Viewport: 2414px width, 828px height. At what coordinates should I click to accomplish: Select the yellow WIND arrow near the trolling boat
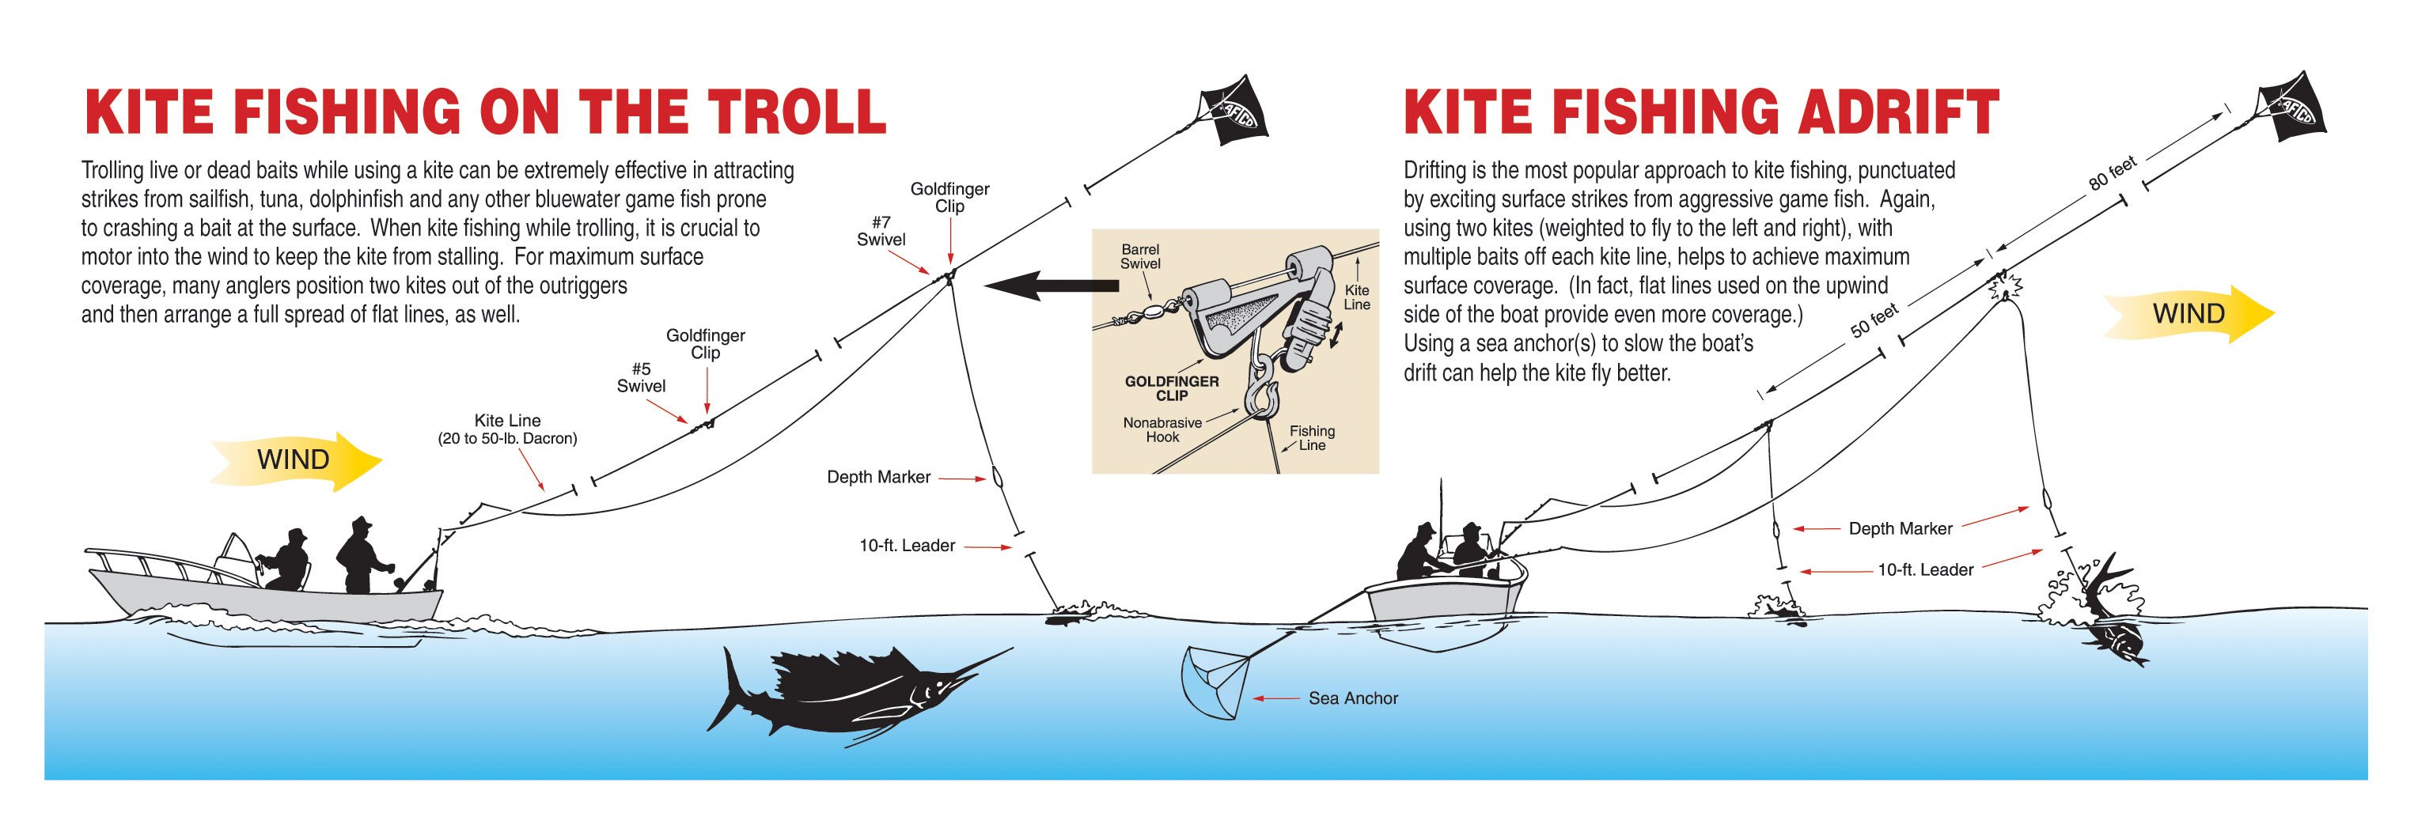296,460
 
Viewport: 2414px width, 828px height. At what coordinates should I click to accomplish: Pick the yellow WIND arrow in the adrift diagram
2189,313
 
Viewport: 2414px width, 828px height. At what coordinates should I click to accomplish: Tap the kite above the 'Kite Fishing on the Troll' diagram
1231,113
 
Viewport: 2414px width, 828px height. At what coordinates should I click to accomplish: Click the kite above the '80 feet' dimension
2291,110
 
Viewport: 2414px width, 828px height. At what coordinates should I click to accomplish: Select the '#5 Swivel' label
641,377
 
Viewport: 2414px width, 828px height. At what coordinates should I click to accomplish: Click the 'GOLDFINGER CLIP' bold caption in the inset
1171,388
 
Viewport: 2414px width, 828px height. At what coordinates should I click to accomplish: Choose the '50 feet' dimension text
1874,321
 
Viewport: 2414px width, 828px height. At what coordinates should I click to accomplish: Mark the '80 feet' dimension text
2113,174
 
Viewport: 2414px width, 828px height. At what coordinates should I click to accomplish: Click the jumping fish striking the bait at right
2109,618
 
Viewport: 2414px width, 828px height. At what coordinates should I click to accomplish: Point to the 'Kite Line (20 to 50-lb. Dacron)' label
507,429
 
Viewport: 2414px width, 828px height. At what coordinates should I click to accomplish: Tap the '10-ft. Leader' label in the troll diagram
906,546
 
